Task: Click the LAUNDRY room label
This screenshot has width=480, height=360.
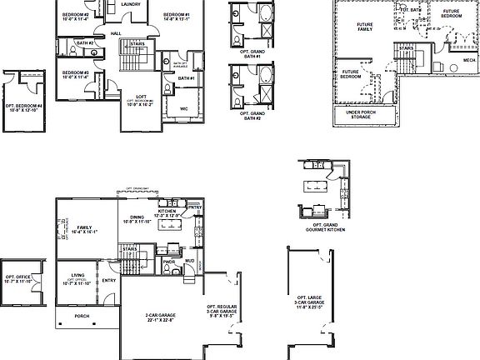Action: pos(129,4)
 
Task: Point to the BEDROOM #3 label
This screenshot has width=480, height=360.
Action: pos(75,74)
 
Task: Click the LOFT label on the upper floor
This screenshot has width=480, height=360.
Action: pos(138,97)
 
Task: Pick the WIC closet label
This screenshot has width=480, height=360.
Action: pos(183,107)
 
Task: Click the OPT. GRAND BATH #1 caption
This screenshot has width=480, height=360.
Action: pos(247,55)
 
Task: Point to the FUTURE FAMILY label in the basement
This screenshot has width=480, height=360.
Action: pos(364,27)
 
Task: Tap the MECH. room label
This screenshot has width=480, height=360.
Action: pos(458,60)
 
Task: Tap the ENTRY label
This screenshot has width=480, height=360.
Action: pos(109,281)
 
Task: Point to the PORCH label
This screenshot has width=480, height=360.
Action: pos(82,316)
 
